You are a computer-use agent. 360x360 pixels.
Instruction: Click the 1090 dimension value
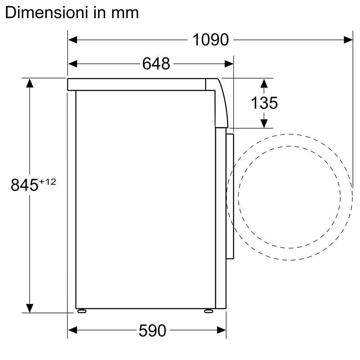[211, 40]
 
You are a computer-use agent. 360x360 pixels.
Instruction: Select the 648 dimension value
[156, 64]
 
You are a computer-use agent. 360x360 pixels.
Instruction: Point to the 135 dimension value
[264, 103]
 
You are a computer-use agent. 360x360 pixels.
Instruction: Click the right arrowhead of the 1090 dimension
[348, 40]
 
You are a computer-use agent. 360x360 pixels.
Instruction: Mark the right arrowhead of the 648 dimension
[229, 64]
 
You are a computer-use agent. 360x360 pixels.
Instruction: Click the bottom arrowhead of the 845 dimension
[30, 308]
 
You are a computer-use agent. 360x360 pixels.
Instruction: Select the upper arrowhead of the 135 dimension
[264, 83]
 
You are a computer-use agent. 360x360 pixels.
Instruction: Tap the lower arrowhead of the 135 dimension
[264, 123]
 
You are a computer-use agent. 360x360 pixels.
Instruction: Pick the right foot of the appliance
[208, 310]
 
